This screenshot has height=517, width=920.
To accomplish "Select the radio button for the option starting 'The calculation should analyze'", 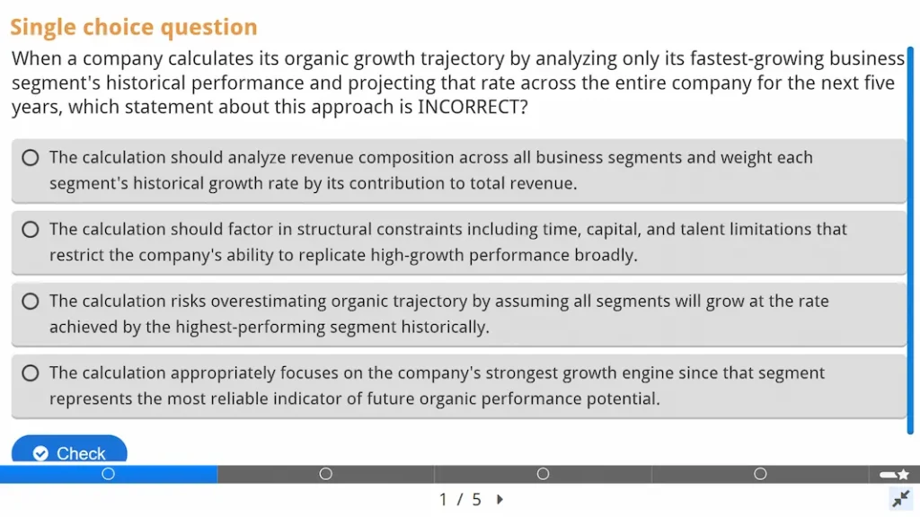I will [x=31, y=158].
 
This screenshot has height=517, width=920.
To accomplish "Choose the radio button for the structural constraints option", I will [x=31, y=230].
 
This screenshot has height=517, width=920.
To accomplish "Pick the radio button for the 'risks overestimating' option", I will [x=31, y=302].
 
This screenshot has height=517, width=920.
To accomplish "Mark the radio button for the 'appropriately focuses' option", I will [x=31, y=373].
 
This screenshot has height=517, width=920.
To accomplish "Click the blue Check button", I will [x=69, y=452].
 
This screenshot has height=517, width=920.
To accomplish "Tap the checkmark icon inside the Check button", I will [x=40, y=453].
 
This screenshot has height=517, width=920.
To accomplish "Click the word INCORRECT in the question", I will [x=467, y=108].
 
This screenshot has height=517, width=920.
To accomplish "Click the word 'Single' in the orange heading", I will [x=43, y=28].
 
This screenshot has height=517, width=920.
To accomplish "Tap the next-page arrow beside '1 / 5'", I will [x=500, y=500].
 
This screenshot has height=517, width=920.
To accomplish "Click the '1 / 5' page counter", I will [x=460, y=500].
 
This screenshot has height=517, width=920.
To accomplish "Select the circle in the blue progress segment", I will [x=109, y=474].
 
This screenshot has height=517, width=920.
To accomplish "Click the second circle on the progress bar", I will [x=326, y=474].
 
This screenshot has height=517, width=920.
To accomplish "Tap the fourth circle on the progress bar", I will [x=760, y=474].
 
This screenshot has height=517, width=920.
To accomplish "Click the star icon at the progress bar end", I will [x=903, y=474].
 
